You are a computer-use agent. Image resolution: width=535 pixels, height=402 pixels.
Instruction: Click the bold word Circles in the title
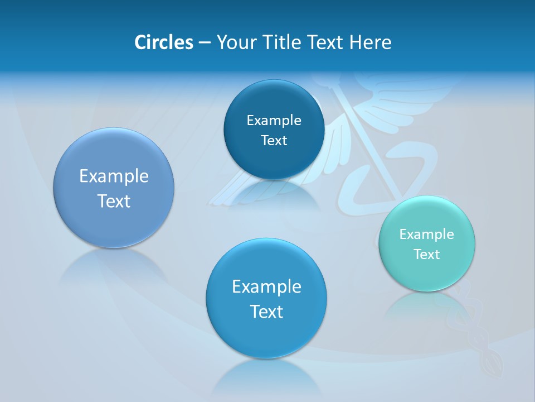click(x=163, y=42)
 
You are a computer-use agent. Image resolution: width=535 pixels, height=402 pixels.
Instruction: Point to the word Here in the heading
click(x=370, y=42)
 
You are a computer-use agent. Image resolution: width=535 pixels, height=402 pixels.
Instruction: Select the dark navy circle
click(x=274, y=100)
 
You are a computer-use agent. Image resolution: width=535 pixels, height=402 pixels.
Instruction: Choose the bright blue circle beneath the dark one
click(x=266, y=335)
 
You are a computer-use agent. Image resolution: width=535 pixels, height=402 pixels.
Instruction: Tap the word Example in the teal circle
click(x=426, y=234)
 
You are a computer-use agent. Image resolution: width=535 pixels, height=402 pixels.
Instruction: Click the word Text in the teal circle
click(x=427, y=255)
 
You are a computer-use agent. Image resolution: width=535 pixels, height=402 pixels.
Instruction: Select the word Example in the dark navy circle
click(x=274, y=121)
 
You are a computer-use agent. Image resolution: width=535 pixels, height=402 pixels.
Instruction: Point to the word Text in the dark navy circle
click(x=274, y=141)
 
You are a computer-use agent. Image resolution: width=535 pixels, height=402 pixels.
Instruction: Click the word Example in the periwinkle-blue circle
click(x=114, y=176)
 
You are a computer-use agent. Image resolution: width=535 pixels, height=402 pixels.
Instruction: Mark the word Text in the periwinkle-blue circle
click(x=114, y=201)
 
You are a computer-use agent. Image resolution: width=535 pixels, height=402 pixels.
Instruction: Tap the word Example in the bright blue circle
click(x=266, y=287)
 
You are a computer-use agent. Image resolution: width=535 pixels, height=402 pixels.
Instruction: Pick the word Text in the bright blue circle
click(x=266, y=312)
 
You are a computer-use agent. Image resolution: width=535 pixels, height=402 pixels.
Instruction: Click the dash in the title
click(x=204, y=42)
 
